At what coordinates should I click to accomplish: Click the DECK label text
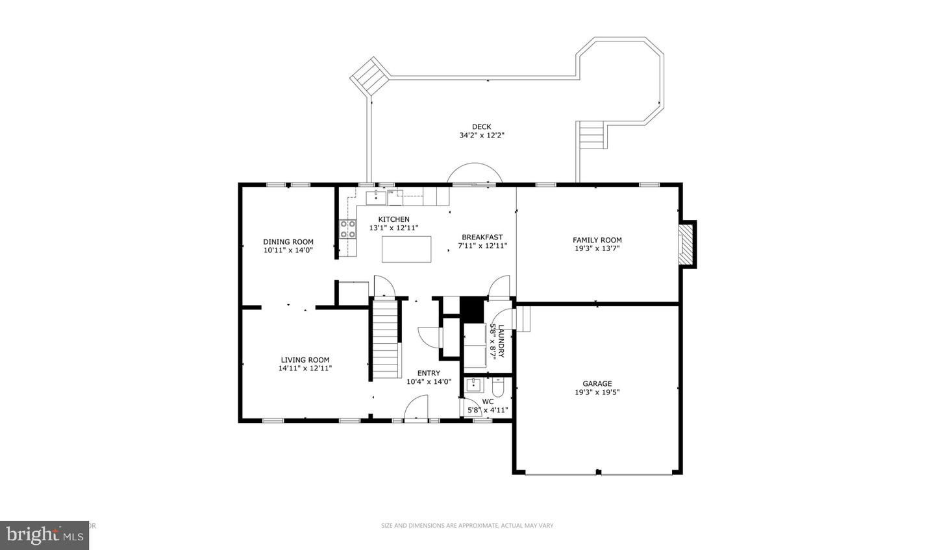(x=481, y=127)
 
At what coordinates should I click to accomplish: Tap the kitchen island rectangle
(x=406, y=249)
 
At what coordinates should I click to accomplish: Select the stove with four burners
(x=348, y=230)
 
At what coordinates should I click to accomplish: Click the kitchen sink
(x=375, y=197)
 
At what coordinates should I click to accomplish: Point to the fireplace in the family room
(x=686, y=245)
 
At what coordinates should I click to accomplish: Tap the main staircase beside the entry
(x=385, y=339)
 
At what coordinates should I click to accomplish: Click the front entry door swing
(x=416, y=409)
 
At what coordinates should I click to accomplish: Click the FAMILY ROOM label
(x=597, y=240)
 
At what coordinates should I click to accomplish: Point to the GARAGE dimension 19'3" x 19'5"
(x=597, y=392)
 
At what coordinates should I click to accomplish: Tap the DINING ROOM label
(x=288, y=242)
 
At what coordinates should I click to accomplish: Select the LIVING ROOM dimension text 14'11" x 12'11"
(x=305, y=368)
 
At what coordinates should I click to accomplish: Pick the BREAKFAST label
(x=482, y=237)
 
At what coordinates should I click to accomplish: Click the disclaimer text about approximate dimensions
(x=467, y=525)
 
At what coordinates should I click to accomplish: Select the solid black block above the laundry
(x=472, y=309)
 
